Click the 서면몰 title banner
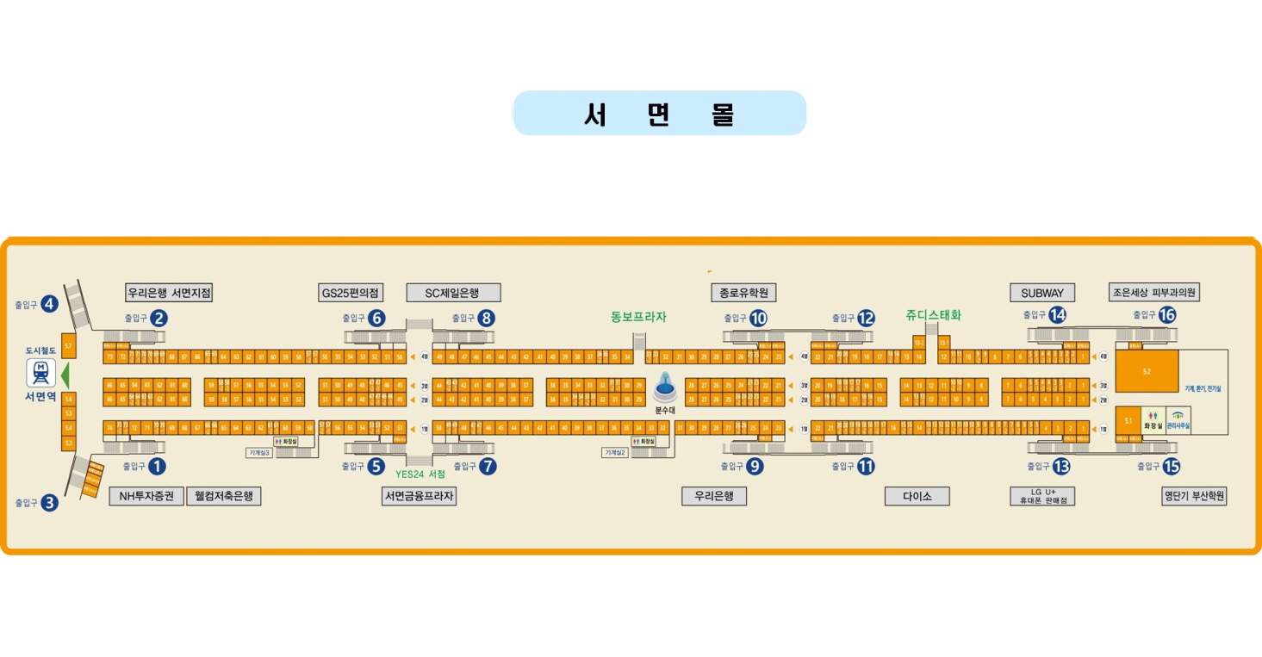pos(659,114)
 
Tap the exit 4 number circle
pos(49,304)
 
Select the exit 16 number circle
pos(1167,315)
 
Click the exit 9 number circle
pos(755,467)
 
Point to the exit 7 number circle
pos(488,467)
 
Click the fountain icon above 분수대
pos(663,387)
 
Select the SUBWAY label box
pos(1041,293)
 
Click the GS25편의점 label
pos(351,293)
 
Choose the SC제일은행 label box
pos(452,293)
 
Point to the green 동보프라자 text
pos(638,317)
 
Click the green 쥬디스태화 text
pos(933,315)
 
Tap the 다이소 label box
pos(917,496)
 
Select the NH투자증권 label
pos(146,496)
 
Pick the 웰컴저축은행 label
pos(223,496)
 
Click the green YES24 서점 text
pos(420,474)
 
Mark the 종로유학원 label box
pos(743,293)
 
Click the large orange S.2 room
pos(1147,372)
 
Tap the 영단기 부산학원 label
pos(1194,496)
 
